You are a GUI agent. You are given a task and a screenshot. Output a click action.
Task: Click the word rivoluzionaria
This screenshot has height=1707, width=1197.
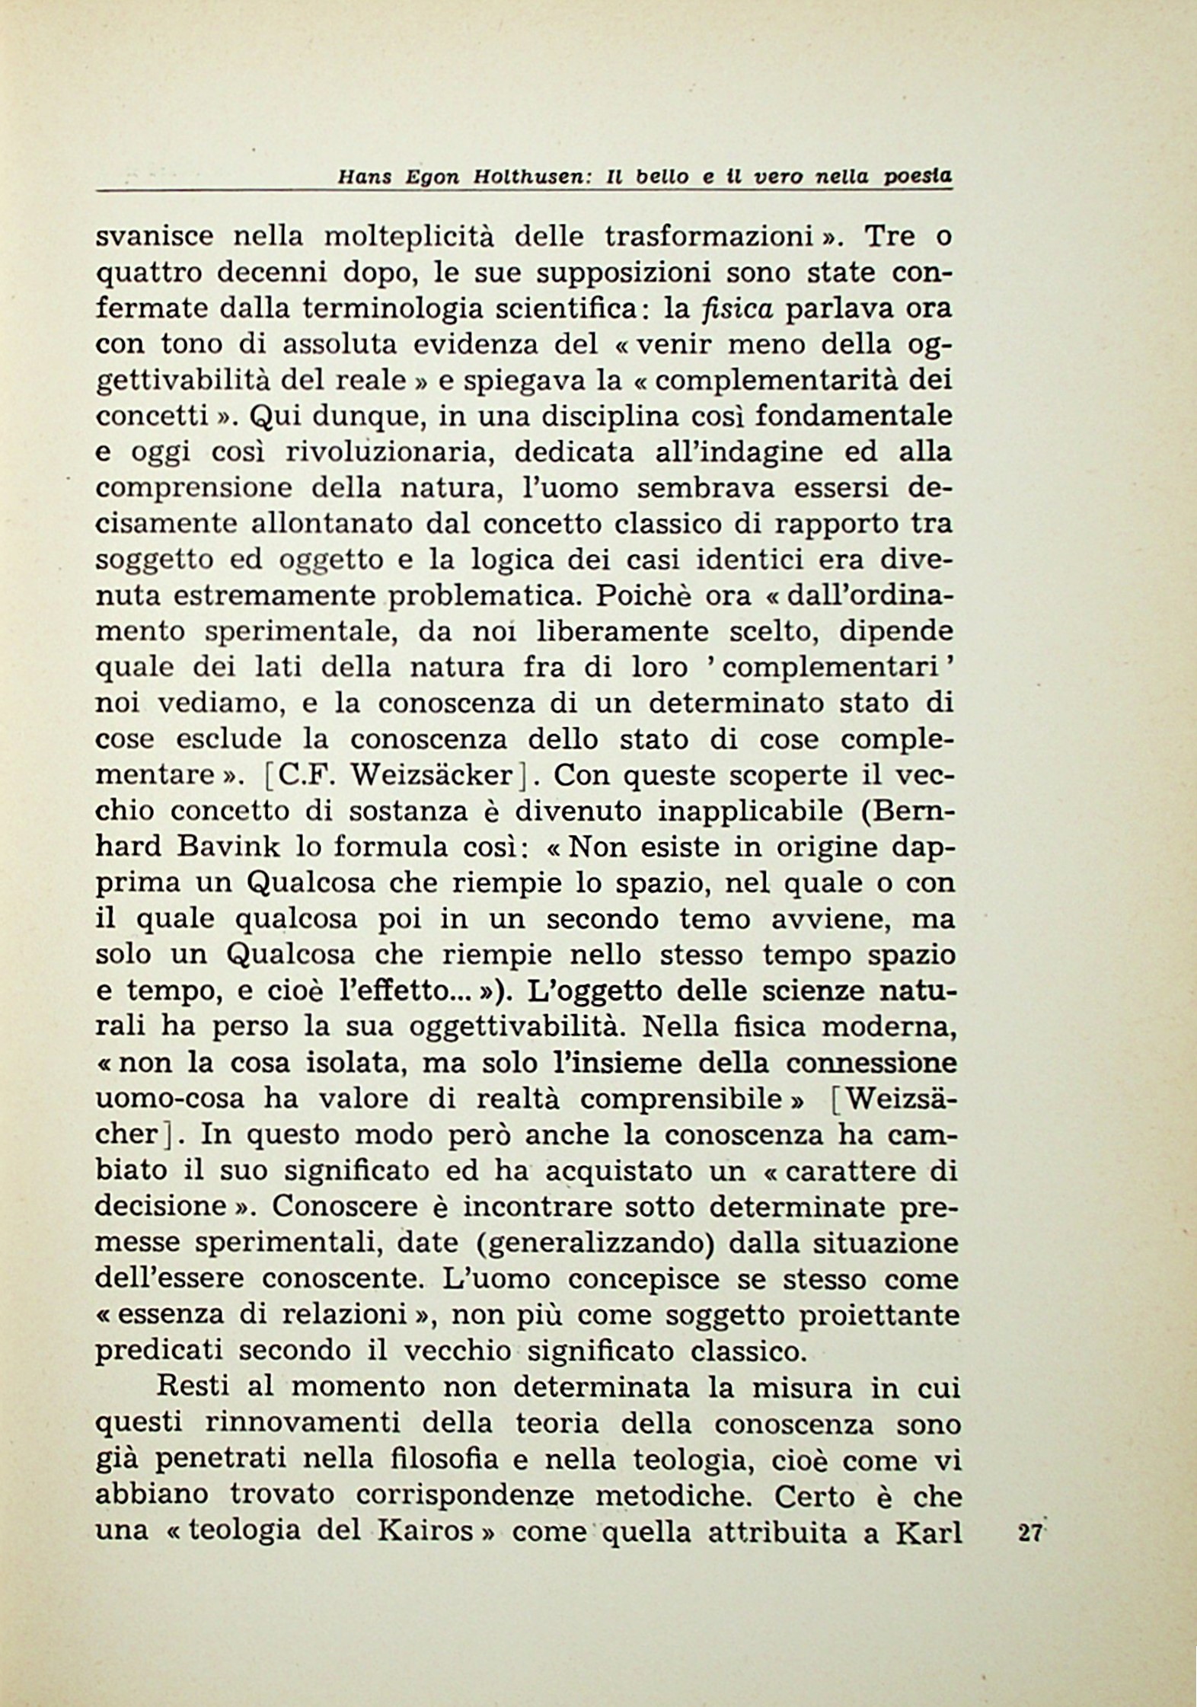391,453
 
